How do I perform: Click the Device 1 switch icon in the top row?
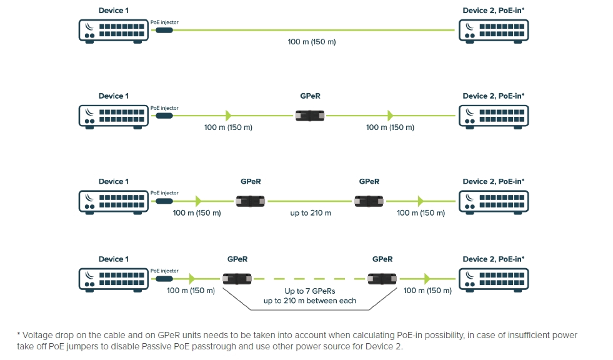pyautogui.click(x=114, y=30)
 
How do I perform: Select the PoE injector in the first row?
pyautogui.click(x=164, y=30)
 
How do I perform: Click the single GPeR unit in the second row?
pyautogui.click(x=311, y=116)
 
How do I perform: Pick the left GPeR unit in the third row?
pyautogui.click(x=251, y=201)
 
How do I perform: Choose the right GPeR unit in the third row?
pyautogui.click(x=369, y=201)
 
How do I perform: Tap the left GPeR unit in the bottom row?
pyautogui.click(x=237, y=279)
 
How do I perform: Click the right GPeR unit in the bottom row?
pyautogui.click(x=382, y=279)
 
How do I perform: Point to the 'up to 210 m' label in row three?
pyautogui.click(x=311, y=213)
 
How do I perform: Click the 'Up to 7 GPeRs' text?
pyautogui.click(x=310, y=291)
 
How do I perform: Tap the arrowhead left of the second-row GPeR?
pyautogui.click(x=229, y=116)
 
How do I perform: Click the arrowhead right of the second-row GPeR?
pyautogui.click(x=391, y=116)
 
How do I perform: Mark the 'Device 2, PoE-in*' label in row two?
pyautogui.click(x=493, y=96)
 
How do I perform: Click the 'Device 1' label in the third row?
pyautogui.click(x=114, y=182)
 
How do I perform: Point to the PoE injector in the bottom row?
pyautogui.click(x=164, y=279)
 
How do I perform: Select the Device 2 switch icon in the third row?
pyautogui.click(x=493, y=201)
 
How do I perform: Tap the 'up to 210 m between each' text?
pyautogui.click(x=310, y=301)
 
